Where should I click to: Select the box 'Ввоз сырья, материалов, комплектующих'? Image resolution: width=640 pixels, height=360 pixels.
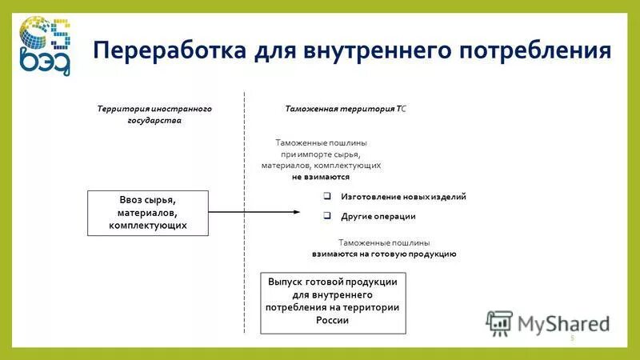tap(148, 213)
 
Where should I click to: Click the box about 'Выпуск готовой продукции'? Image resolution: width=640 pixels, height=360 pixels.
tap(334, 303)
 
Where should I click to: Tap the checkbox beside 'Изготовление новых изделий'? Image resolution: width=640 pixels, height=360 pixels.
tap(327, 196)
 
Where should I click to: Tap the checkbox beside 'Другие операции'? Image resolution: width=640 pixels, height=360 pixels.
tap(327, 215)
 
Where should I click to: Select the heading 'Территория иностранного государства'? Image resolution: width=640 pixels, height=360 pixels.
tap(154, 114)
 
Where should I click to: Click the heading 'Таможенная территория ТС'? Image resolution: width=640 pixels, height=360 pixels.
tap(346, 108)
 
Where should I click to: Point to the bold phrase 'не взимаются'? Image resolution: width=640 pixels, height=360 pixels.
tap(320, 177)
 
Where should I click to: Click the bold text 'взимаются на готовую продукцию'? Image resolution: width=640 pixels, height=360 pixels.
tap(384, 253)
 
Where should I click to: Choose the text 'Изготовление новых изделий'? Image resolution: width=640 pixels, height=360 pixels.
tap(403, 196)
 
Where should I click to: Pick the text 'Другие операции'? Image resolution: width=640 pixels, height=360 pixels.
tap(378, 216)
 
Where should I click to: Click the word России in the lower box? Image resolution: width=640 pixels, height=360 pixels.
tap(333, 321)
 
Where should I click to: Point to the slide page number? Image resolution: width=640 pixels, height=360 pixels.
tap(572, 338)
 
